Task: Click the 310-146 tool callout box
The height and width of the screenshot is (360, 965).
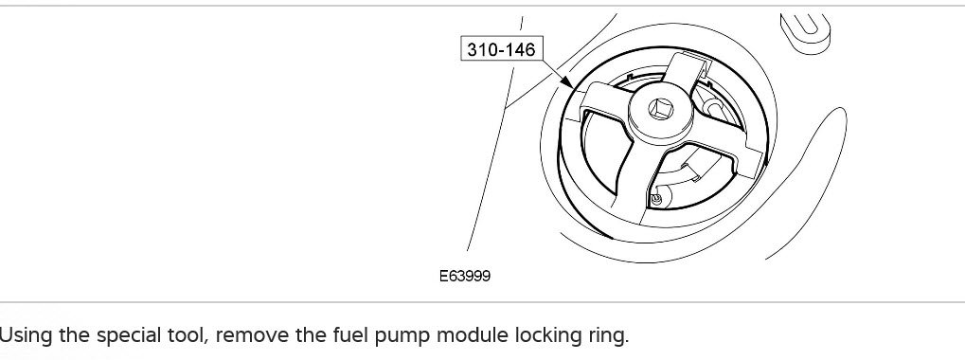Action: [502, 48]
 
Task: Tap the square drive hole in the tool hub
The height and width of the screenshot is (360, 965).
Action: [661, 111]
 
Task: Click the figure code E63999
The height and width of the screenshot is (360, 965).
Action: [465, 276]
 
